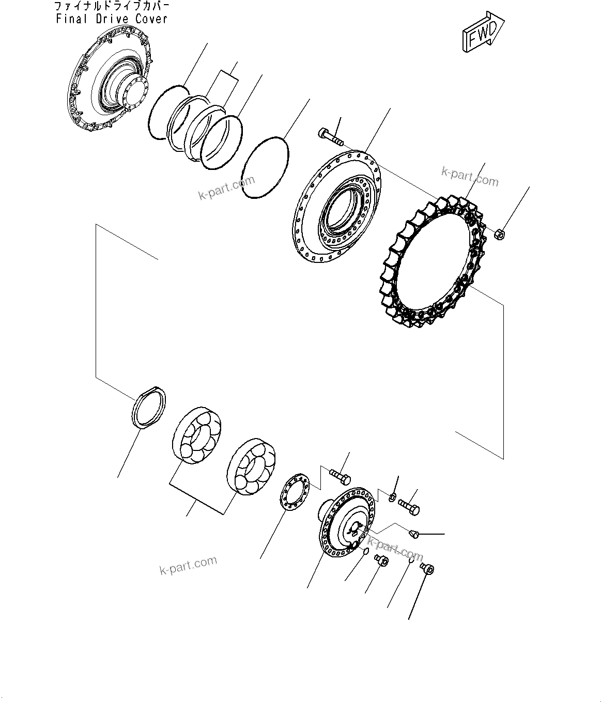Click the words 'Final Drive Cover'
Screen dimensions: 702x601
(x=112, y=19)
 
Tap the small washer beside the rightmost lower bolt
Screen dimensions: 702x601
(x=393, y=497)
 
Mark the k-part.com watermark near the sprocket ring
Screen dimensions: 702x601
(x=470, y=177)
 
